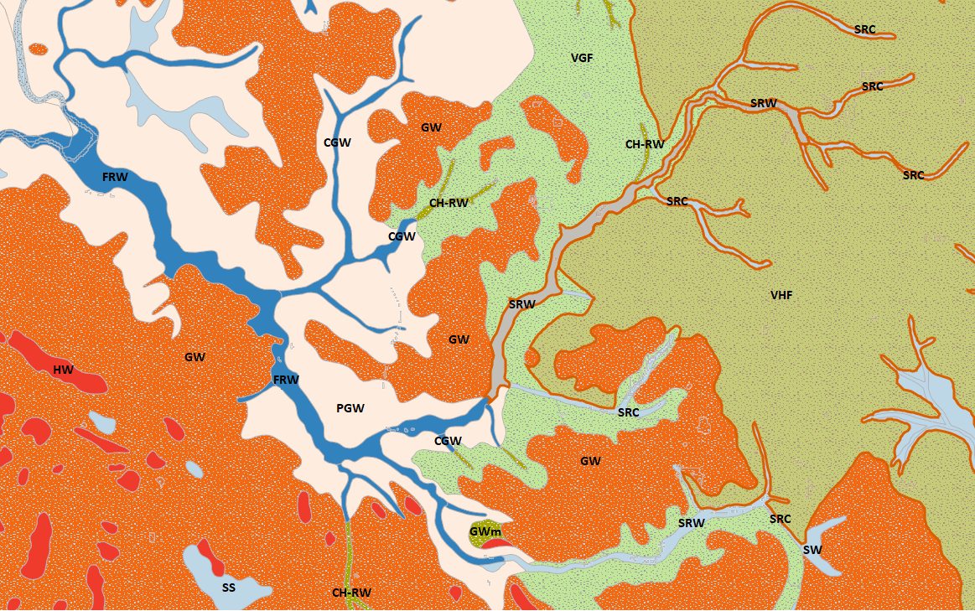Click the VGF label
(582, 58)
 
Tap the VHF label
(781, 295)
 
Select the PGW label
(350, 409)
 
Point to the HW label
(63, 370)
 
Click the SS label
(229, 588)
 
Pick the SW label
(812, 550)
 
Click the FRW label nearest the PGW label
(286, 380)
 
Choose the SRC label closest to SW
(780, 519)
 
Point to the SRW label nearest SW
(691, 523)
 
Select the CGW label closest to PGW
(448, 441)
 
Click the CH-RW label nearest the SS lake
(351, 593)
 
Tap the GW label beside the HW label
(194, 357)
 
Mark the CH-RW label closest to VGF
(645, 144)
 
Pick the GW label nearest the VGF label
(431, 127)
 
